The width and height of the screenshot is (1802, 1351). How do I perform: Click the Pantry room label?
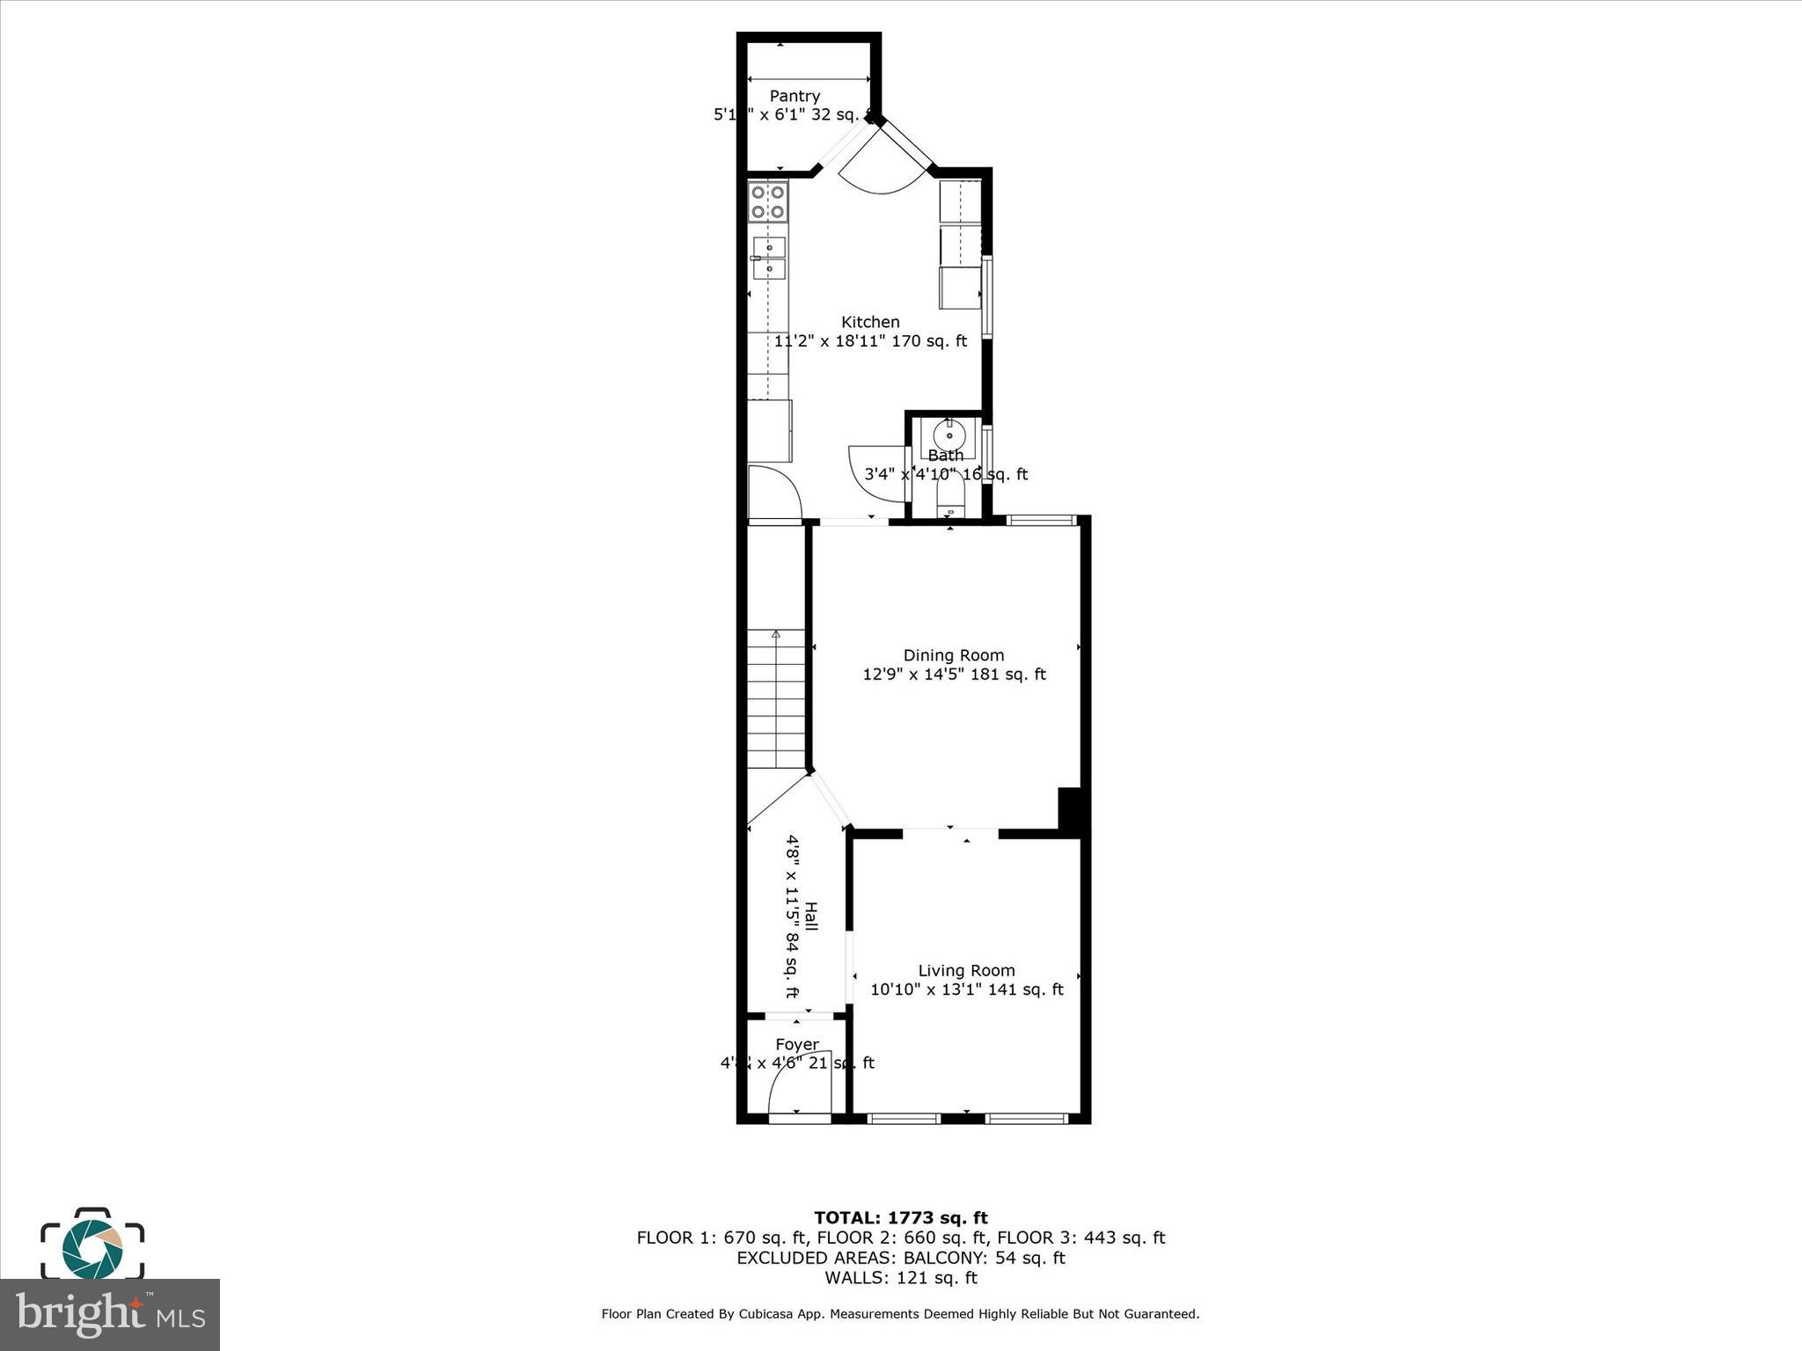(x=795, y=96)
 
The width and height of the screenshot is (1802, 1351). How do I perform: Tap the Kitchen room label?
(x=870, y=322)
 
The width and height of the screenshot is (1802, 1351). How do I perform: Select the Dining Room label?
(x=954, y=655)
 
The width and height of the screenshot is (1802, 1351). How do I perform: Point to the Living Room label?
(x=966, y=970)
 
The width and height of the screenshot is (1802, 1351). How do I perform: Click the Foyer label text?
(x=797, y=1045)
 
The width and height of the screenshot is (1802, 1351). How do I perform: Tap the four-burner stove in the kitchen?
(x=767, y=202)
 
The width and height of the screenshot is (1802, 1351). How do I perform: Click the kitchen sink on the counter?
(x=769, y=257)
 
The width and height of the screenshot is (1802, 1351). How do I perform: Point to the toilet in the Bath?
(x=949, y=499)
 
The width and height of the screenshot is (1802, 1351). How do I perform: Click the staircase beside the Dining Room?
(x=776, y=699)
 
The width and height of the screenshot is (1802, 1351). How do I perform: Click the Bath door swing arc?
(x=875, y=474)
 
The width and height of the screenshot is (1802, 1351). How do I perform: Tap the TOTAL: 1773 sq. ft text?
(x=900, y=1218)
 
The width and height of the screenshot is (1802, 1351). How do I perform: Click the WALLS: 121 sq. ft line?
(x=900, y=1278)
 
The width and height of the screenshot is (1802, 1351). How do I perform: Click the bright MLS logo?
(x=110, y=1315)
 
